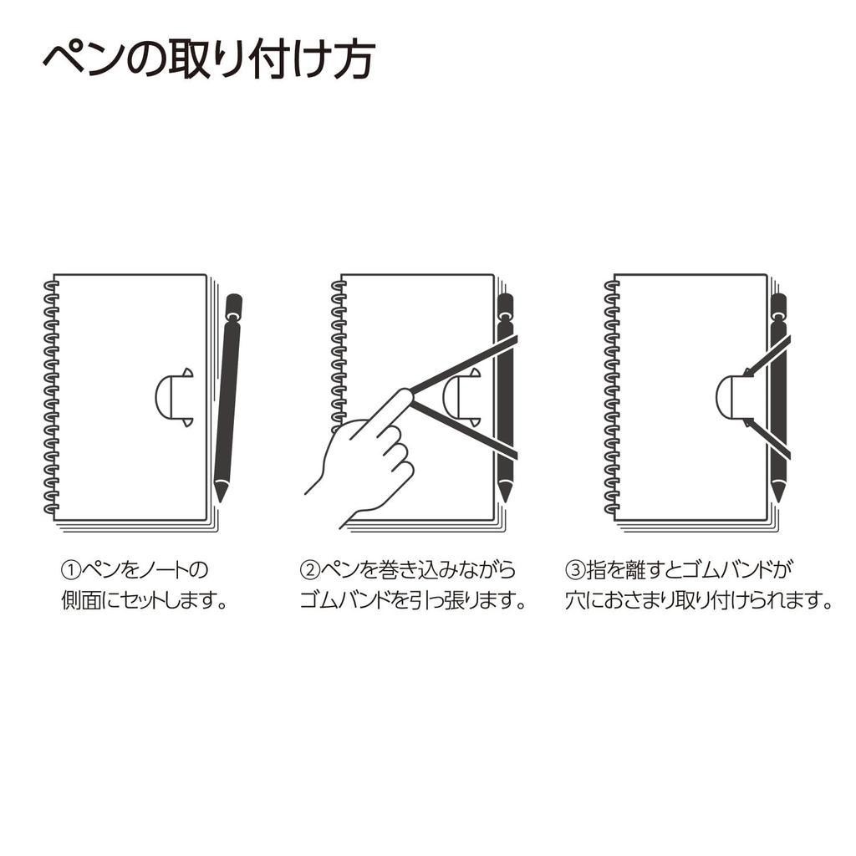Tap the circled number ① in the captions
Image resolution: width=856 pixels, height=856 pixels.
[70, 571]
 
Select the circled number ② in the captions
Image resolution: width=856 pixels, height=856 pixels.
[310, 571]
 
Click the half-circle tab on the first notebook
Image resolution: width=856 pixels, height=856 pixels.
[172, 397]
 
